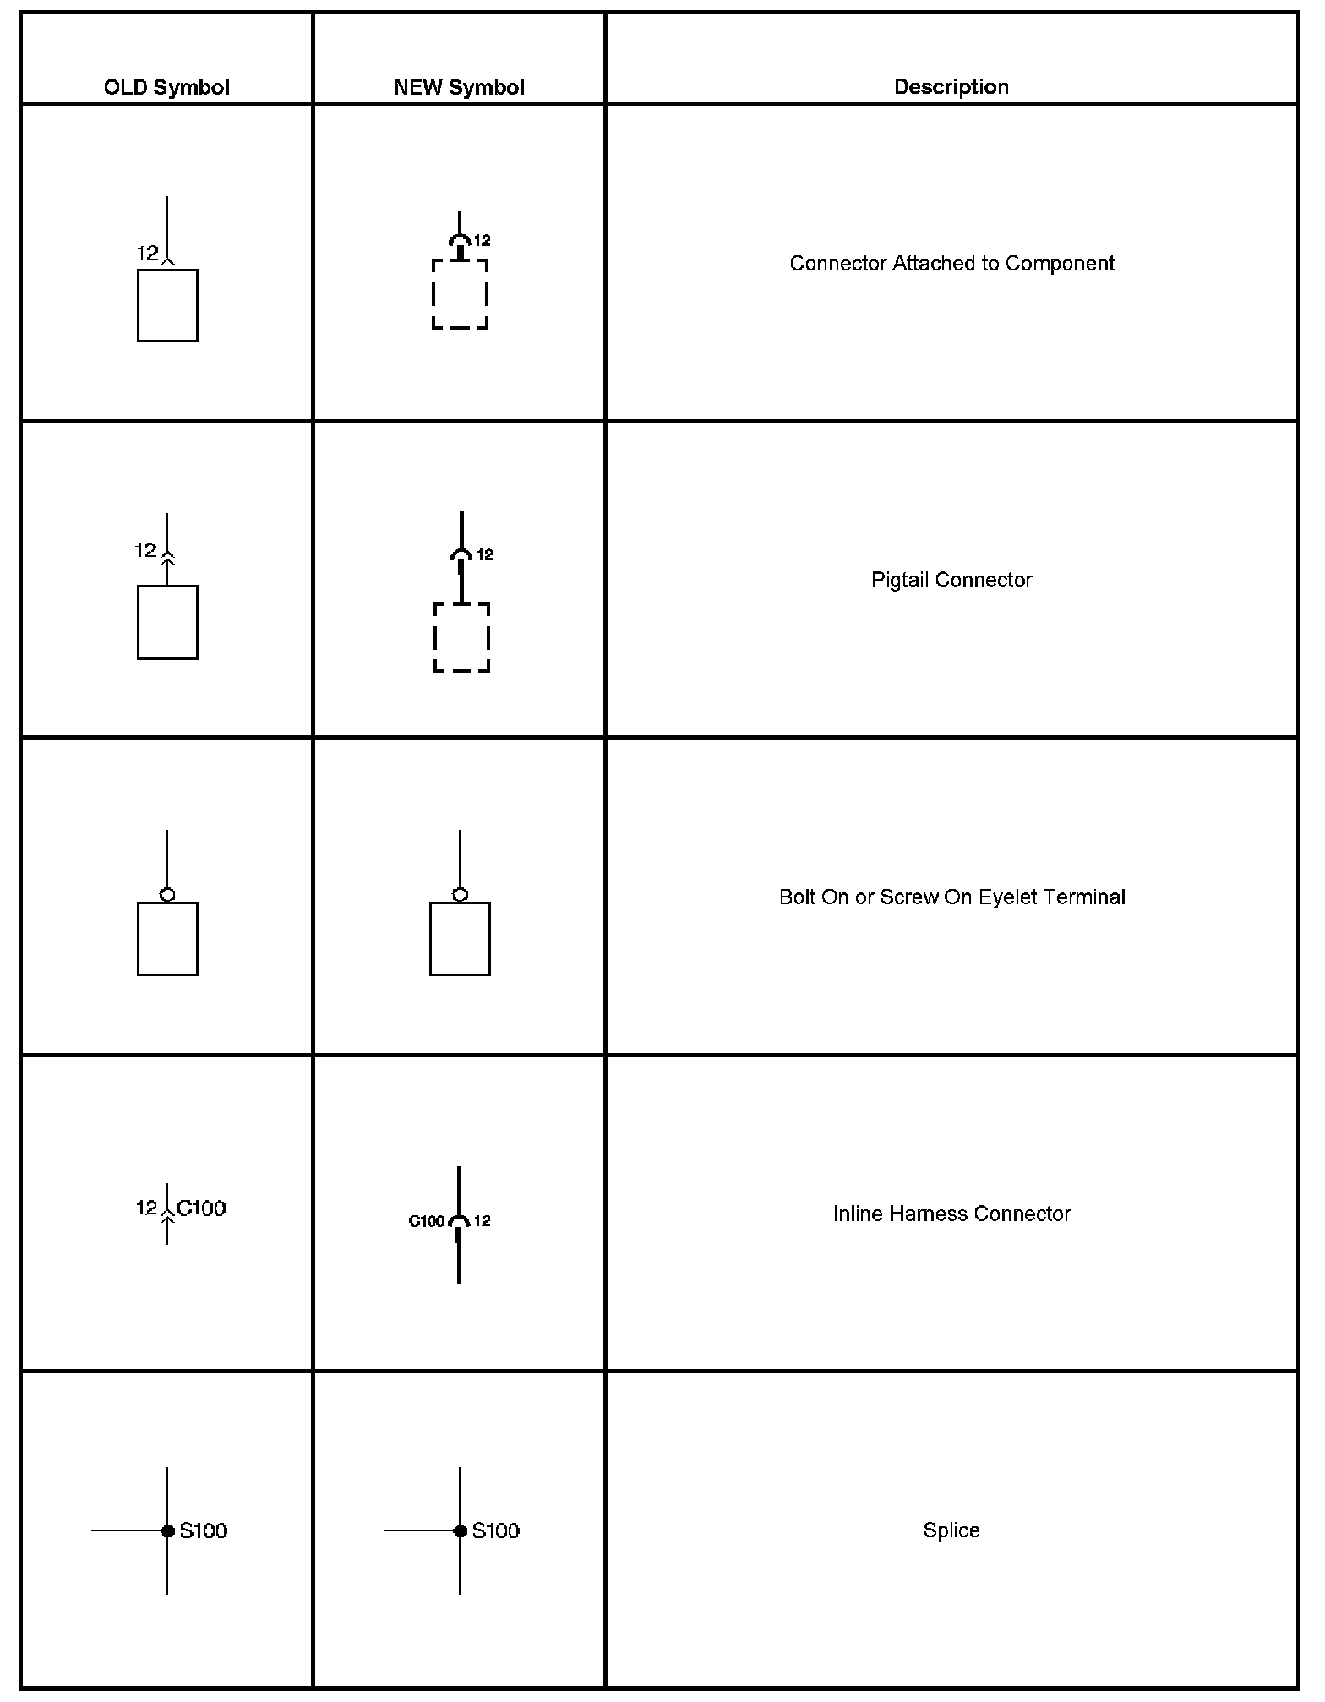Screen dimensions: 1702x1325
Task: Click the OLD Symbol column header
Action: [166, 87]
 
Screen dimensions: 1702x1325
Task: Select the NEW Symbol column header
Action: [459, 87]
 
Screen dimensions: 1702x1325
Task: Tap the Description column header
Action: [951, 86]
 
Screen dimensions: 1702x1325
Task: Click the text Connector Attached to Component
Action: [951, 263]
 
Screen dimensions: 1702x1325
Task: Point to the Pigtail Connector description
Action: [951, 580]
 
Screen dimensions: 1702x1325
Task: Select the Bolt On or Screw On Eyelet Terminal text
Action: [951, 897]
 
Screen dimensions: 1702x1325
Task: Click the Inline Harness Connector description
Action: [951, 1214]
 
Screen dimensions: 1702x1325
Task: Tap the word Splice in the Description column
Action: [951, 1530]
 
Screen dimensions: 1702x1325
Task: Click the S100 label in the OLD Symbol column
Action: [204, 1530]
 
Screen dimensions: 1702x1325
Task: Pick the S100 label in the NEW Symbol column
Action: [496, 1530]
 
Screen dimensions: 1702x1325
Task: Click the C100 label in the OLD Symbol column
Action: [201, 1208]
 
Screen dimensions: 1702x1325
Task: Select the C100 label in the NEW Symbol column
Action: [426, 1221]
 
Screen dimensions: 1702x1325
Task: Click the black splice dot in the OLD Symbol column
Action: [167, 1530]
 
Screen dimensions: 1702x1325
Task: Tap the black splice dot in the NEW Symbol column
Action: [460, 1530]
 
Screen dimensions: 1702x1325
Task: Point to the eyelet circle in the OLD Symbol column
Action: [167, 894]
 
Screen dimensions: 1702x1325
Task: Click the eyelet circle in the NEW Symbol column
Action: [460, 894]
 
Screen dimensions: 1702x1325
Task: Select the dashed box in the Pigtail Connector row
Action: [461, 637]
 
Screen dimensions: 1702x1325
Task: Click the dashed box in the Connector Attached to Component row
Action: [460, 294]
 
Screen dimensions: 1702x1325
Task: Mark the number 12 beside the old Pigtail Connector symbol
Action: [145, 550]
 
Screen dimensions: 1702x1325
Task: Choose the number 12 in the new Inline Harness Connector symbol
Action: [483, 1220]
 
